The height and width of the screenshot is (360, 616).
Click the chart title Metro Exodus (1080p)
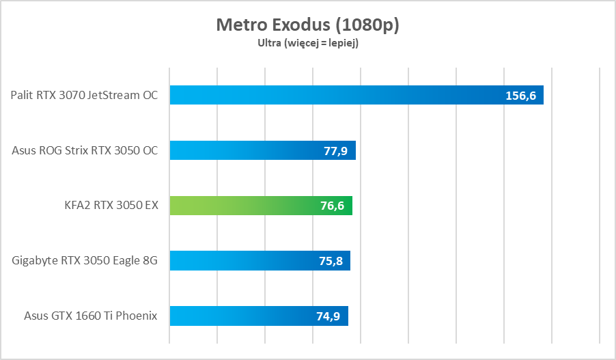[307, 25]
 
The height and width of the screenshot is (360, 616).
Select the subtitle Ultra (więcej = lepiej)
[307, 43]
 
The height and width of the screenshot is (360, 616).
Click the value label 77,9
[335, 151]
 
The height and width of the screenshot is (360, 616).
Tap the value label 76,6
[333, 206]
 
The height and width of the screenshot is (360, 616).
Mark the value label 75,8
[331, 261]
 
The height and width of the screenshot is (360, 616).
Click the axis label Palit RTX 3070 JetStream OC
[84, 95]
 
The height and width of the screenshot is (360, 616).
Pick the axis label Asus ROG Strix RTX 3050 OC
[85, 150]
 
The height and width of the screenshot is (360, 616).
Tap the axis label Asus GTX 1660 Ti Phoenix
[91, 316]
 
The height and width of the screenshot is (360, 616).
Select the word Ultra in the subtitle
[268, 43]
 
